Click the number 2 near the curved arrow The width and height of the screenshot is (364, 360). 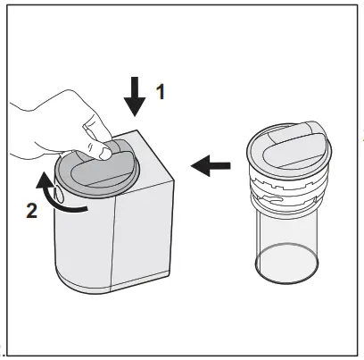pos(30,213)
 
